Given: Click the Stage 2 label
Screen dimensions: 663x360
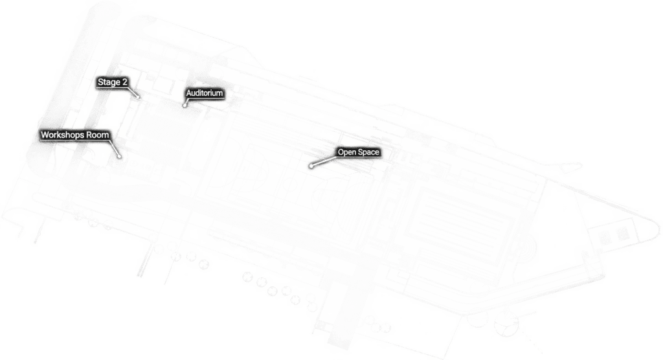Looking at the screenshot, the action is point(113,82).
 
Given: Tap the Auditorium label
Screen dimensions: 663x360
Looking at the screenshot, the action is point(204,93).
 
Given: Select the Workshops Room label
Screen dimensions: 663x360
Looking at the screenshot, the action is point(75,135).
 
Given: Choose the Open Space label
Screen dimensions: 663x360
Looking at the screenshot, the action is point(358,152).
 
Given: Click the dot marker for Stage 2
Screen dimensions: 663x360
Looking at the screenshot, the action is point(139,97).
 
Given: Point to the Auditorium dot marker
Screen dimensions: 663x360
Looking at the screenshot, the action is point(185,105).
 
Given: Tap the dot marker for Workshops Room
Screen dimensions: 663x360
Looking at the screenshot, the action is point(120,157).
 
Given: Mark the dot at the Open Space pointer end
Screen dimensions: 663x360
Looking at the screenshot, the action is point(311,166).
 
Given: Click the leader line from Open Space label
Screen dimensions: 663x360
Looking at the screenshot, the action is point(324,162).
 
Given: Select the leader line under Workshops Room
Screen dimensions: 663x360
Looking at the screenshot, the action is point(115,148).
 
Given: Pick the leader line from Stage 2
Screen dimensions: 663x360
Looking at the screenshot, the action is point(133,93).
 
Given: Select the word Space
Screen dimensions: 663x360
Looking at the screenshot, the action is point(368,152).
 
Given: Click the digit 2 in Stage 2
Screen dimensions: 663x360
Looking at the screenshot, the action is point(124,82).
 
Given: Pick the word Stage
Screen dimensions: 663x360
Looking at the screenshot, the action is point(109,82).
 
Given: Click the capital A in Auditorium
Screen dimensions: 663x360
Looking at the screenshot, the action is point(189,93).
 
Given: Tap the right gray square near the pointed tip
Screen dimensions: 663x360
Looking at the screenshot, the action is point(622,234).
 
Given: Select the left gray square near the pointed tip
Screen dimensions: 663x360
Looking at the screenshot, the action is point(605,238).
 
